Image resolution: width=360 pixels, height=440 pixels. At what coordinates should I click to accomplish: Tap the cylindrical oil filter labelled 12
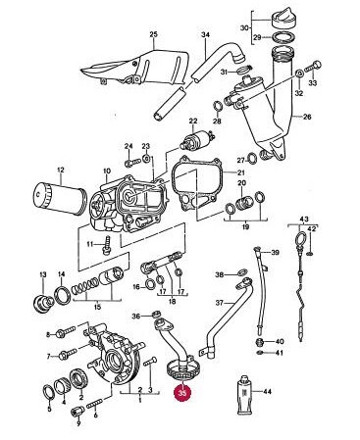pyautogui.click(x=61, y=198)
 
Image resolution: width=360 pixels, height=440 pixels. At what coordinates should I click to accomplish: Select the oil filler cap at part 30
pyautogui.click(x=284, y=19)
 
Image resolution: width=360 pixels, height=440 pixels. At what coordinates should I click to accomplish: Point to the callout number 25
pyautogui.click(x=154, y=34)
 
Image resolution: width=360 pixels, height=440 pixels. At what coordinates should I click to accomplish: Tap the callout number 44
pyautogui.click(x=267, y=391)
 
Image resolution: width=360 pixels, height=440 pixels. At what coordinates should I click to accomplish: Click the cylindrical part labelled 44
pyautogui.click(x=243, y=395)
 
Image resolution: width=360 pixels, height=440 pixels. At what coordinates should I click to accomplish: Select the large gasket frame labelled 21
pyautogui.click(x=197, y=184)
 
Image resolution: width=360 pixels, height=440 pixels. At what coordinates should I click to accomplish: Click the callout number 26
pyautogui.click(x=307, y=117)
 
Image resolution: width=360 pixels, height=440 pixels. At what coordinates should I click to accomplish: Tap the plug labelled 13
pyautogui.click(x=43, y=302)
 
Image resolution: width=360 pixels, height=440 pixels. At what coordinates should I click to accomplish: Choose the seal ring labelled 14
pyautogui.click(x=62, y=294)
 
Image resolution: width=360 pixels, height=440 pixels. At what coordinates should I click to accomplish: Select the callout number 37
pyautogui.click(x=220, y=303)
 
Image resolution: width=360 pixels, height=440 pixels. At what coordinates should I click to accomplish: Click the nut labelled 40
pyautogui.click(x=259, y=342)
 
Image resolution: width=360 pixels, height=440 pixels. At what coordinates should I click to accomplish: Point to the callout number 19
pyautogui.click(x=246, y=226)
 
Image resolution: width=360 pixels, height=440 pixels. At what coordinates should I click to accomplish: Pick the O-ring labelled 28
pyautogui.click(x=218, y=107)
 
